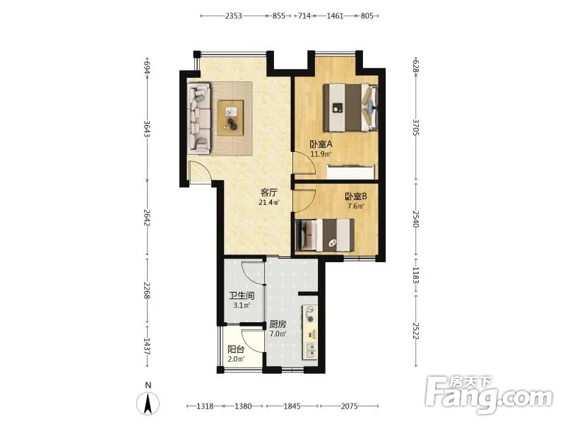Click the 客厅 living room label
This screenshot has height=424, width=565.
pos(269,192)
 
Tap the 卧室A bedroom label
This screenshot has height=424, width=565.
pos(321,144)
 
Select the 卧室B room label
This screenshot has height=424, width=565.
pos(356,196)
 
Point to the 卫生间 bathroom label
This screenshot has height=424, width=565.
pos(242,296)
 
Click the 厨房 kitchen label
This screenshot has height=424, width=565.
pos(278,324)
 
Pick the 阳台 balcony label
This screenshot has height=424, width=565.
pos(236,349)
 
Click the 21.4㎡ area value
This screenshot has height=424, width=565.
pos(269,202)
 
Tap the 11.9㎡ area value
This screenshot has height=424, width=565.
pos(321,154)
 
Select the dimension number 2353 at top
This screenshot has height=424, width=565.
pos(233,16)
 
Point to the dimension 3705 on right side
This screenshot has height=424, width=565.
pos(415,127)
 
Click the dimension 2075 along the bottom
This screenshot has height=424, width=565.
pos(349,406)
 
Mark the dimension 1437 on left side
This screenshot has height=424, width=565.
pos(147,346)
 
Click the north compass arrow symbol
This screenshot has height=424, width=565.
pos(148,404)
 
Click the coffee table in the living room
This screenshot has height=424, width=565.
pos(230,118)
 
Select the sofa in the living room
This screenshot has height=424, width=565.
pos(198,119)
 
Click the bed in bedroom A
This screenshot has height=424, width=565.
pos(350,107)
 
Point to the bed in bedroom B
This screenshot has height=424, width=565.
pos(325,235)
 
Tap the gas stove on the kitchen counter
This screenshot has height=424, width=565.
pos(310,314)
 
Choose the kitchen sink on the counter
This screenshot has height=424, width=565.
pos(310,350)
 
